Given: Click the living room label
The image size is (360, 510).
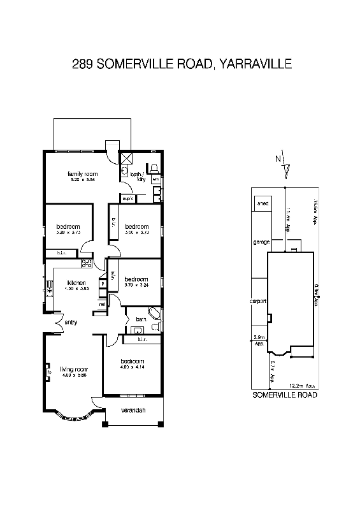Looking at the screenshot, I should (x=73, y=369).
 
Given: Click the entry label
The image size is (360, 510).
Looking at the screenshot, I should (x=71, y=323).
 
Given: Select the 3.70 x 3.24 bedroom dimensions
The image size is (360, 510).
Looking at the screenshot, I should (x=136, y=286).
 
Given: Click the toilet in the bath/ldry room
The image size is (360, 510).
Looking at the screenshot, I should (x=154, y=168).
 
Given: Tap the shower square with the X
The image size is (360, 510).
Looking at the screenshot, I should (x=126, y=158).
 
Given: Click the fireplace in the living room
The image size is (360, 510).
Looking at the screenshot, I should (x=48, y=370).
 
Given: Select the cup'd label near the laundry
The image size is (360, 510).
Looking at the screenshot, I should (x=127, y=199).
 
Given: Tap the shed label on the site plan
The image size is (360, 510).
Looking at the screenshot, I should (x=262, y=204).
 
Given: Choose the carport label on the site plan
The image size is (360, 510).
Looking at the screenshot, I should (x=259, y=302).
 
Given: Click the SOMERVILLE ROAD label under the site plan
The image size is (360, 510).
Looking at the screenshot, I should (x=285, y=395).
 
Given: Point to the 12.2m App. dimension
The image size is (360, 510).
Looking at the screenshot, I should (x=301, y=386).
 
